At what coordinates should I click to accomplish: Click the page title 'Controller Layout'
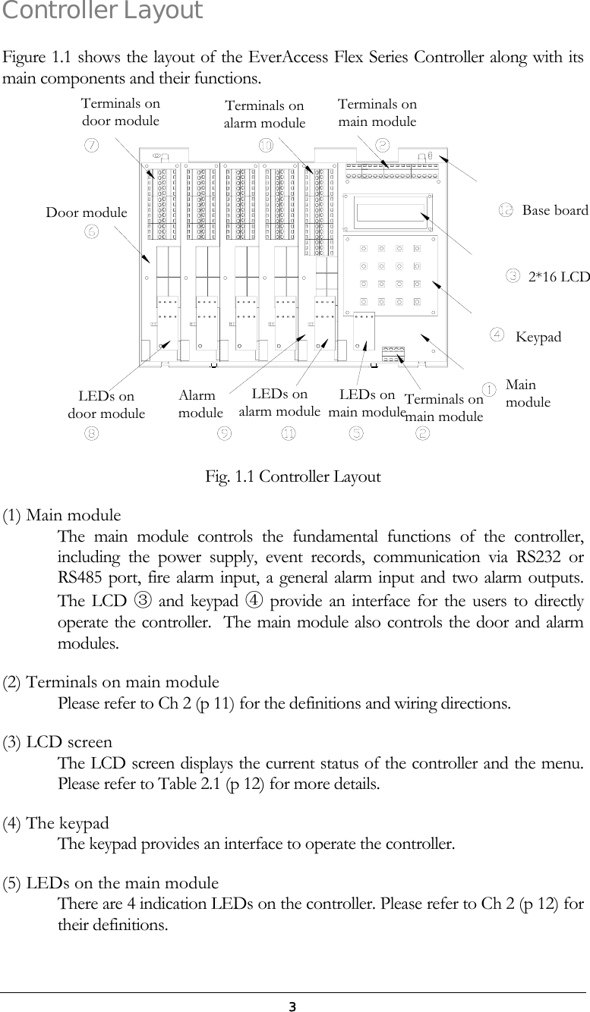[103, 11]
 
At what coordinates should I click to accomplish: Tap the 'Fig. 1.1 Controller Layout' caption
[293, 476]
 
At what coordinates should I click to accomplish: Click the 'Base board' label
[555, 210]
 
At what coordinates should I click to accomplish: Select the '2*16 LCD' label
[558, 277]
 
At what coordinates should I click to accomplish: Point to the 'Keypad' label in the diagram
[538, 336]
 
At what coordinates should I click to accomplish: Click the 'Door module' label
[87, 212]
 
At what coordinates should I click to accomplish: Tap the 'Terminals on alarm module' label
[264, 115]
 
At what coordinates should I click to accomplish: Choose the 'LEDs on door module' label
[106, 405]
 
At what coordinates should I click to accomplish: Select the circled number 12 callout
[506, 210]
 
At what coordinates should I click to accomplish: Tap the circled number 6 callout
[91, 231]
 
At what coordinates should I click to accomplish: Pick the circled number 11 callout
[289, 433]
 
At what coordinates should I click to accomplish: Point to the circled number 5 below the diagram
[355, 433]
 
